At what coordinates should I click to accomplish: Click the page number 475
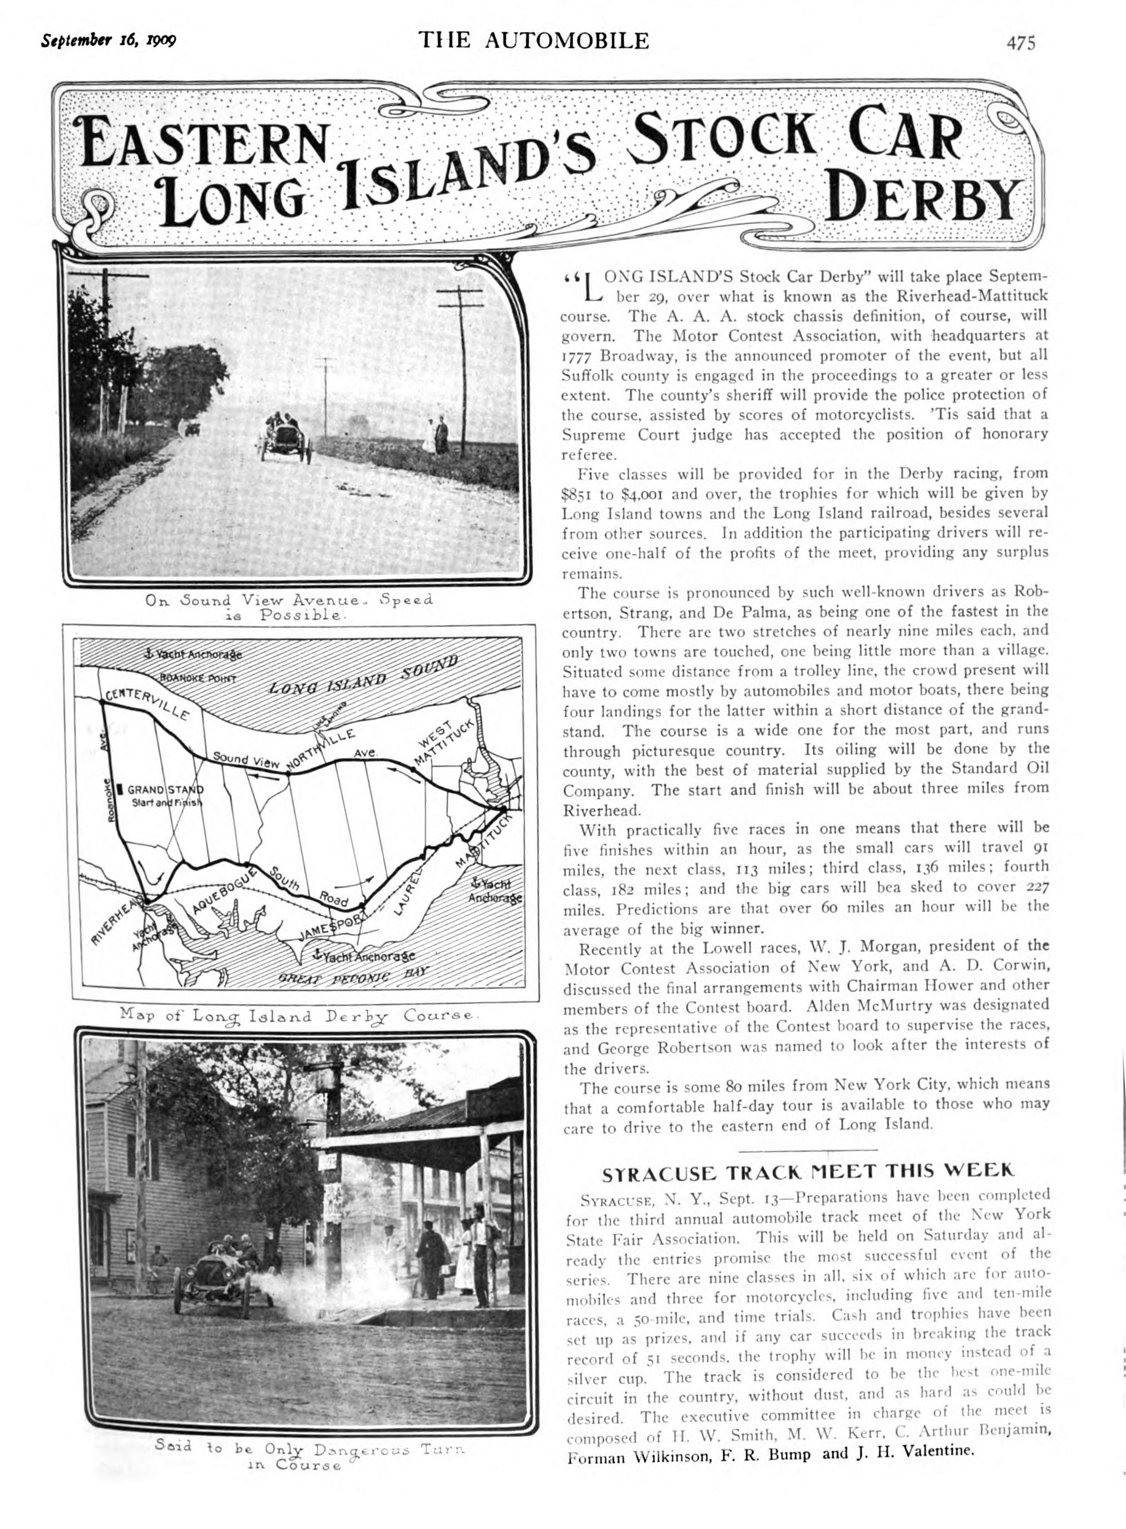(x=1020, y=43)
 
